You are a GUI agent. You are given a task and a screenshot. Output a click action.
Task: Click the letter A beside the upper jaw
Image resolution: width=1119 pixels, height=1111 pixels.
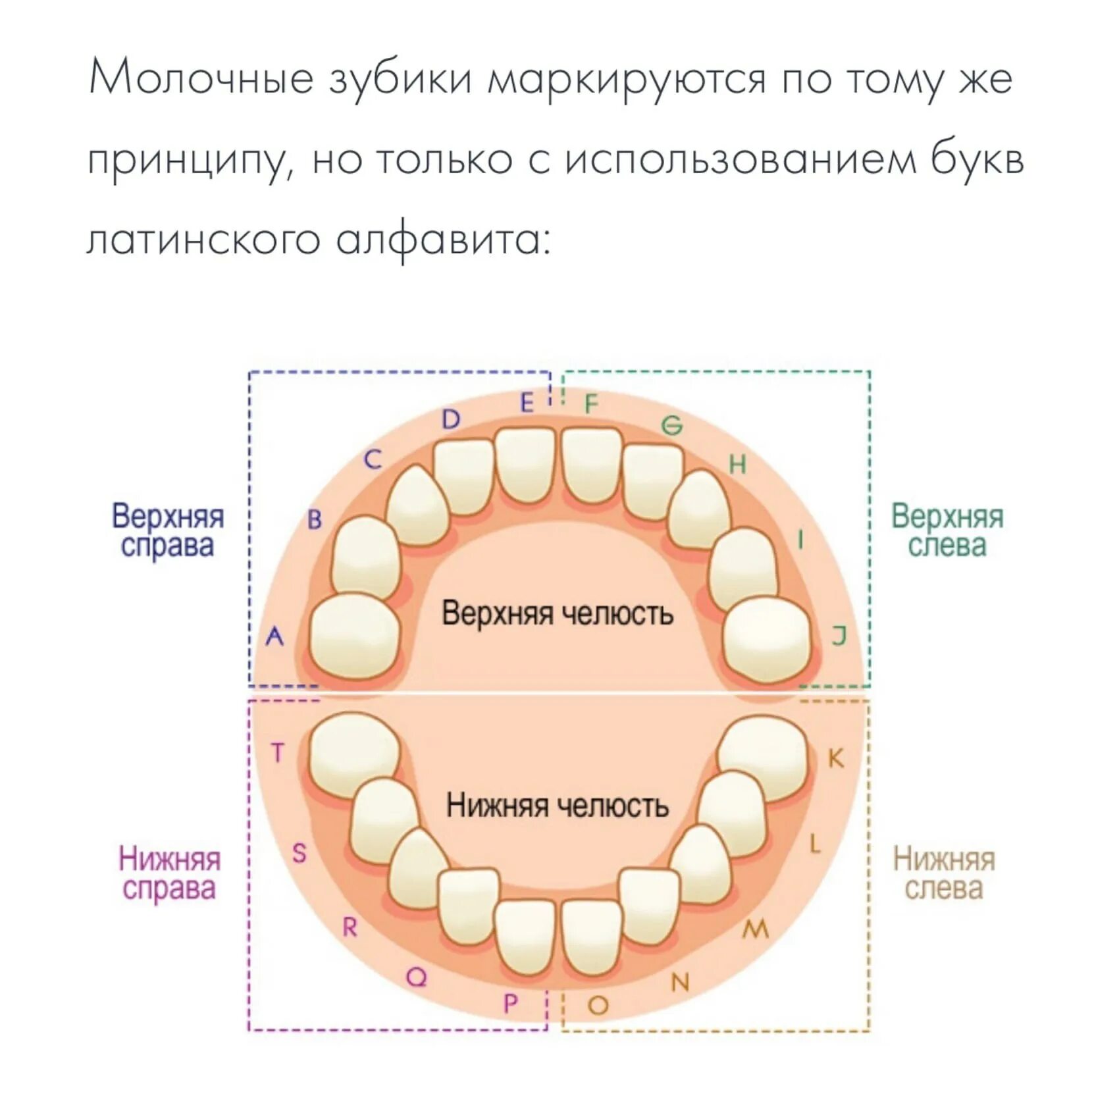tap(274, 636)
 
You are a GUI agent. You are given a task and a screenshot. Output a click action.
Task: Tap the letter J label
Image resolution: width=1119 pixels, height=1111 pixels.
tap(839, 636)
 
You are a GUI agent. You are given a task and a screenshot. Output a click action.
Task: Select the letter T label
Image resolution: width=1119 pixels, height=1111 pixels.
tap(278, 752)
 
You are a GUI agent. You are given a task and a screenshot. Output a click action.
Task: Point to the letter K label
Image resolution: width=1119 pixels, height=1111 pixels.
tap(835, 758)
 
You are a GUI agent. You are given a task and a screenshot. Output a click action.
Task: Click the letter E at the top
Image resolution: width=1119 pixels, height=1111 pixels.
tap(527, 403)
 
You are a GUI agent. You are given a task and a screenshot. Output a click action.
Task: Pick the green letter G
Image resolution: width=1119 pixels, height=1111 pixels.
tap(672, 426)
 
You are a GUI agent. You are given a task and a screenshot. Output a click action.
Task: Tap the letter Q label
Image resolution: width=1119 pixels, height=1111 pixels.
tap(416, 977)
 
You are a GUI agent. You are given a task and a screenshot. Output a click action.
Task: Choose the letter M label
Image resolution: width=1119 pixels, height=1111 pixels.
tap(756, 929)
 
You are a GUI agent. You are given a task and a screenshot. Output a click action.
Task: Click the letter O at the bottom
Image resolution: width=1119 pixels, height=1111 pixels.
tap(598, 1005)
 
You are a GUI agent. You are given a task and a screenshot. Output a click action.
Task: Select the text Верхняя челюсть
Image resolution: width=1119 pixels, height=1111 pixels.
tap(557, 613)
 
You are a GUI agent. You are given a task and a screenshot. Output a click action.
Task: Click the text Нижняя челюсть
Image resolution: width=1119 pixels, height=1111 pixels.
tap(557, 805)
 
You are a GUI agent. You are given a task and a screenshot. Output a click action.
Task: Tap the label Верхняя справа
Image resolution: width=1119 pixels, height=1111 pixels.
tap(168, 531)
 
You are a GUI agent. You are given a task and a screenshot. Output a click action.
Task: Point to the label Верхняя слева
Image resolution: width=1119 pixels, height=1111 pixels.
tap(947, 531)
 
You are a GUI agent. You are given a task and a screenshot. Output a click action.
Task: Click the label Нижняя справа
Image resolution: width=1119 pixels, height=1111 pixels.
tap(169, 873)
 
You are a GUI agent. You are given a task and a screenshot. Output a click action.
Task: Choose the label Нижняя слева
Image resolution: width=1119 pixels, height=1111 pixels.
tap(944, 873)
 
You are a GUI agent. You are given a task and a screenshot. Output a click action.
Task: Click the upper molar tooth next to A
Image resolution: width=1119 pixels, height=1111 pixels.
tap(355, 636)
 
